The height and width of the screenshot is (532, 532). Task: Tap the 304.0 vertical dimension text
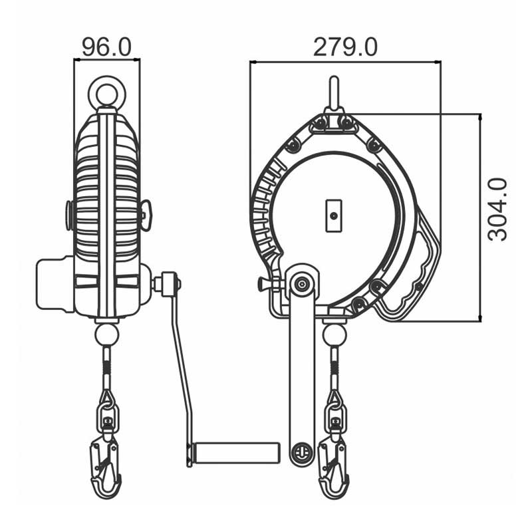(x=497, y=209)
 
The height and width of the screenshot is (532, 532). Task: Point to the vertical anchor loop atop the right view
(x=334, y=92)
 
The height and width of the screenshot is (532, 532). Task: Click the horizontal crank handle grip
(x=235, y=453)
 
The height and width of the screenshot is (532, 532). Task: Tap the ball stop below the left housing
(x=107, y=335)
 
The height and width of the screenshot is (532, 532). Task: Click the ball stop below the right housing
(x=334, y=335)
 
